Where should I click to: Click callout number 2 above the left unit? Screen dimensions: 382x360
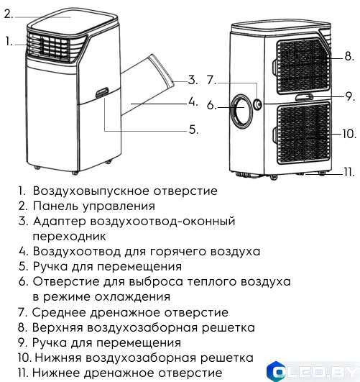9,13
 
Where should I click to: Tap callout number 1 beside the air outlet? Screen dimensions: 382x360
9,41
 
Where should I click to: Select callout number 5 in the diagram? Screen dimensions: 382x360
193,129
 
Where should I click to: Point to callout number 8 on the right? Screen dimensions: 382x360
348,55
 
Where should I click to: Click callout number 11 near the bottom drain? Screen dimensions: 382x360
349,171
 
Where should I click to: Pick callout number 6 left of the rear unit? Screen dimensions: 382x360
211,105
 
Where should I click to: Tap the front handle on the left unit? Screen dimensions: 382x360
101,93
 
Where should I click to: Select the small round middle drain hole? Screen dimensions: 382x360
256,104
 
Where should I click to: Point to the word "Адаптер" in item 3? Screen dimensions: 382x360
59,222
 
